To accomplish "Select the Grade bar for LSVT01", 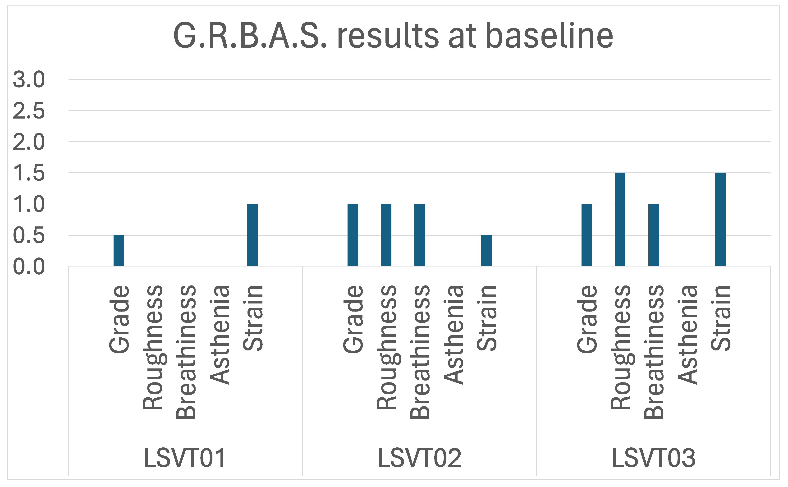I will [119, 251].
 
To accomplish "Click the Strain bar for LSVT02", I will [486, 251].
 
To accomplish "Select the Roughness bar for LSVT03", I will [620, 219].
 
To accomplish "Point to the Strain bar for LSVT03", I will [720, 219].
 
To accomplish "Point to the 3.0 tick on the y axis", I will [29, 80].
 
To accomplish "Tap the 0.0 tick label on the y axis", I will [29, 267].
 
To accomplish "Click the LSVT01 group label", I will [185, 458].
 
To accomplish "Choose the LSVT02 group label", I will [419, 458].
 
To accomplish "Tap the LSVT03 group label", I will [653, 458].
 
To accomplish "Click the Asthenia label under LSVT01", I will [220, 335].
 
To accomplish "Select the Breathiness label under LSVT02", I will [420, 352].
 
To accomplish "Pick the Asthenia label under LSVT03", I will [687, 335].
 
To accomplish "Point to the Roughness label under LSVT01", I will [153, 347].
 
